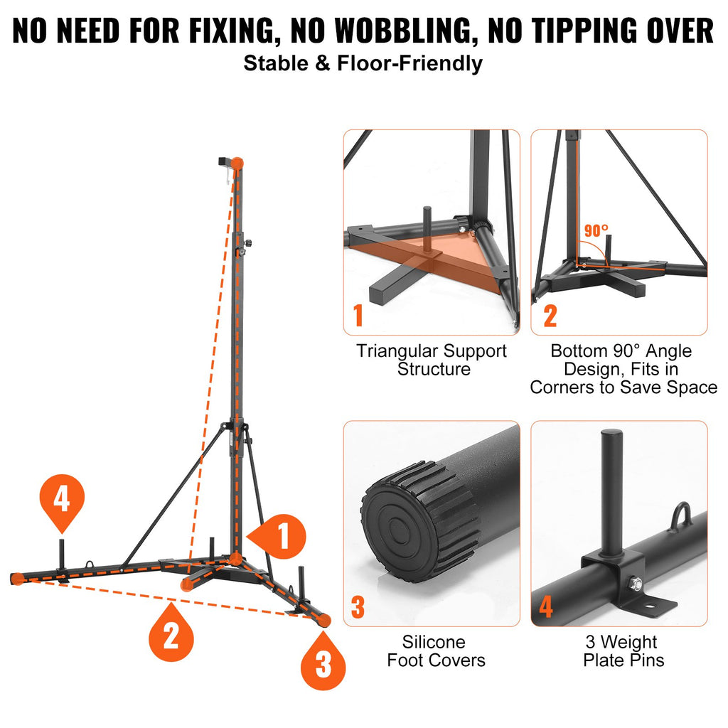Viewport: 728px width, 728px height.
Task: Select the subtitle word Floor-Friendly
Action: coord(410,63)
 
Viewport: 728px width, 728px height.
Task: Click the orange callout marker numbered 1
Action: coord(277,536)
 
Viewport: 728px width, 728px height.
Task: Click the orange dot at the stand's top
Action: coord(237,164)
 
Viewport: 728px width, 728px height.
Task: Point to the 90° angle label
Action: coord(596,230)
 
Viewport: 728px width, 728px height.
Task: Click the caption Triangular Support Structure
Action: coord(432,360)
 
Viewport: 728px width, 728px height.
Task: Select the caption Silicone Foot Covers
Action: coord(436,651)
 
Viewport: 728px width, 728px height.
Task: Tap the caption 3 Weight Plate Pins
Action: coord(623,651)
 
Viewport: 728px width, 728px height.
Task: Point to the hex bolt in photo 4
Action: coord(635,584)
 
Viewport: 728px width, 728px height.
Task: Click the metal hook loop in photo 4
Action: coord(682,515)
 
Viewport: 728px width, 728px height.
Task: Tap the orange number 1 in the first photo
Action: coord(358,316)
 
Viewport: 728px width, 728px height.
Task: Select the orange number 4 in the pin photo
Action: coord(545,607)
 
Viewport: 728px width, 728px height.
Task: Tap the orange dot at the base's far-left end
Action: coord(18,579)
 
